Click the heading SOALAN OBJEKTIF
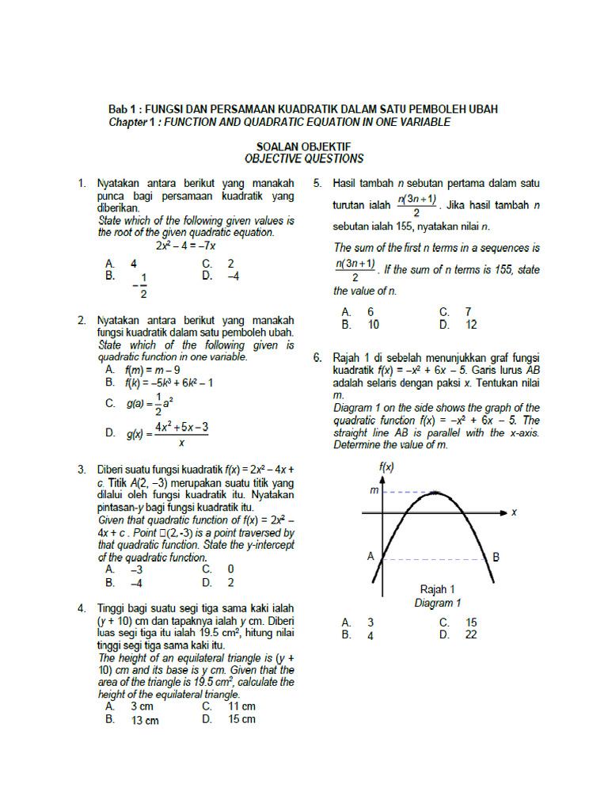tap(303, 147)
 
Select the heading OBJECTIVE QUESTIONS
tap(304, 158)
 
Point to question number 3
tap(82, 469)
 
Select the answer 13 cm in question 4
tap(145, 720)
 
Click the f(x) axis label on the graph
tap(386, 467)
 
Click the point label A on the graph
tap(370, 557)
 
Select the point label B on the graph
tap(496, 557)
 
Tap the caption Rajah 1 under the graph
tap(437, 589)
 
